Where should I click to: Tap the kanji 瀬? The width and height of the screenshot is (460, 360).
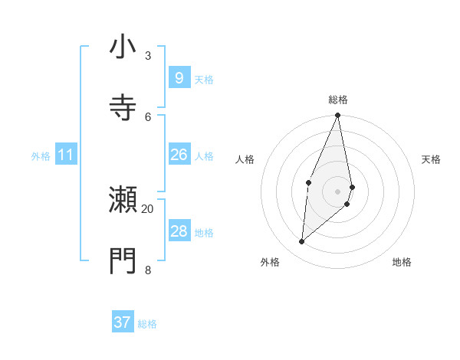pyautogui.click(x=123, y=200)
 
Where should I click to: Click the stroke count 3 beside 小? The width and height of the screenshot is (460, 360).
pyautogui.click(x=148, y=56)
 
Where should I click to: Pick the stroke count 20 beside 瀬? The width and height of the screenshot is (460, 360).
pyautogui.click(x=148, y=208)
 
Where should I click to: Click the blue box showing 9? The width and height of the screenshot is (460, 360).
pyautogui.click(x=179, y=78)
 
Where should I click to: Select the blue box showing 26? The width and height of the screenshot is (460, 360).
pyautogui.click(x=179, y=155)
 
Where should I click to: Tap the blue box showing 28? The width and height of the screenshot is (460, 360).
pyautogui.click(x=179, y=231)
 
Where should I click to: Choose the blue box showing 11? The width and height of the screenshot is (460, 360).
pyautogui.click(x=65, y=155)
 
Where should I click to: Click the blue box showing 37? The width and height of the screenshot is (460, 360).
pyautogui.click(x=122, y=322)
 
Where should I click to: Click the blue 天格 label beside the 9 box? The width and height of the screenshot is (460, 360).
pyautogui.click(x=204, y=80)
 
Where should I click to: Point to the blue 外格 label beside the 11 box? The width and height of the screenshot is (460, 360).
pyautogui.click(x=41, y=156)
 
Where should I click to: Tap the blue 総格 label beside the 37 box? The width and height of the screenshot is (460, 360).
pyautogui.click(x=147, y=324)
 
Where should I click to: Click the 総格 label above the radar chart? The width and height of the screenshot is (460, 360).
pyautogui.click(x=337, y=100)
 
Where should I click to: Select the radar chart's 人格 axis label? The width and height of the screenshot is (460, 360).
pyautogui.click(x=245, y=159)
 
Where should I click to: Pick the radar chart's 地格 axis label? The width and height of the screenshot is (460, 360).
pyautogui.click(x=402, y=262)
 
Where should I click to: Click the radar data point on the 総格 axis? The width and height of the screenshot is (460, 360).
pyautogui.click(x=337, y=116)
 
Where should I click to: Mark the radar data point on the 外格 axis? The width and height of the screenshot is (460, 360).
pyautogui.click(x=302, y=241)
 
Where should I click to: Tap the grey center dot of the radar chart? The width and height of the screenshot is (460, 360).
pyautogui.click(x=337, y=191)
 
